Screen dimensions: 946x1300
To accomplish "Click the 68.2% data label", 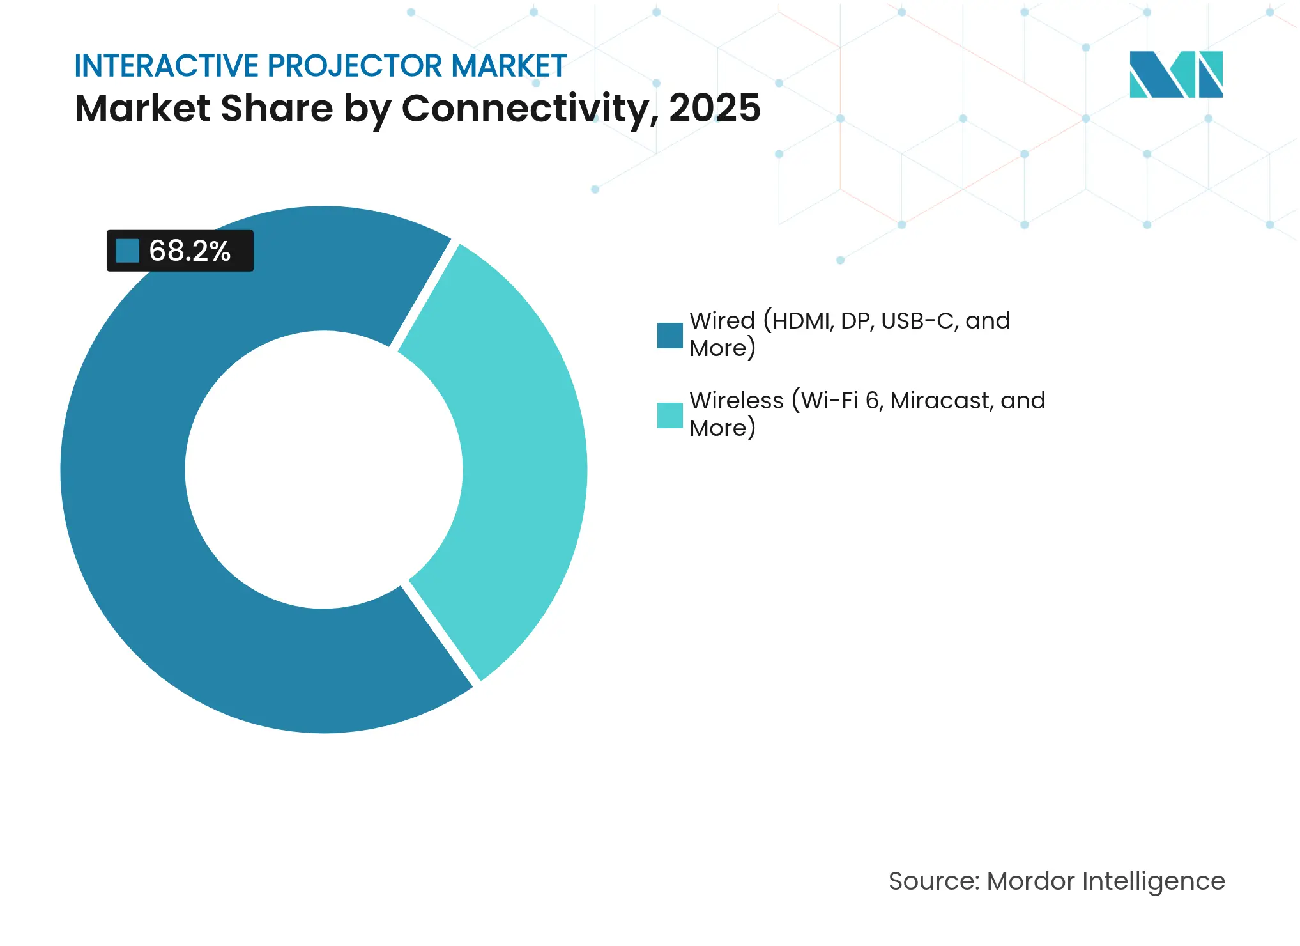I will click(189, 251).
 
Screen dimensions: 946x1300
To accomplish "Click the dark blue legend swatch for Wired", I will click(669, 335).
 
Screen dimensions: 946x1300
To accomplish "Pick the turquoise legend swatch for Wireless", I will click(669, 415).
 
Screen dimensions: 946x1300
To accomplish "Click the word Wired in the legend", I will click(722, 321).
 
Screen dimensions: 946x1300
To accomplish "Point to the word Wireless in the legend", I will click(736, 401).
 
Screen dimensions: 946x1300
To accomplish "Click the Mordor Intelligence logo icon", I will click(1175, 74).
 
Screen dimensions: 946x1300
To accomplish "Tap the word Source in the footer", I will click(932, 881).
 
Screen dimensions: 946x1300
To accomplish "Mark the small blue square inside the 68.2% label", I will click(127, 251).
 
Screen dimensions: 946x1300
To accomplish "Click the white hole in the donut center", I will click(324, 470).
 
